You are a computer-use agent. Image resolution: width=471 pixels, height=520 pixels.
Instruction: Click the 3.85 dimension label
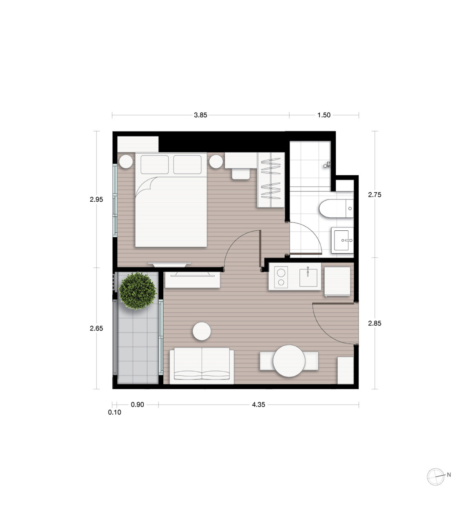pyautogui.click(x=201, y=115)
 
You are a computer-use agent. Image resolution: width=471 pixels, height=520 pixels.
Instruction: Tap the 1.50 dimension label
pyautogui.click(x=324, y=115)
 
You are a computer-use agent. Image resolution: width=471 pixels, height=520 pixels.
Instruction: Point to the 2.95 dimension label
pyautogui.click(x=96, y=199)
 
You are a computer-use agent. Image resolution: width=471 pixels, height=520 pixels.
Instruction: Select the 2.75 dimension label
pyautogui.click(x=374, y=195)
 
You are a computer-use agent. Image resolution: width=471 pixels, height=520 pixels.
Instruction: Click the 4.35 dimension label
pyautogui.click(x=258, y=405)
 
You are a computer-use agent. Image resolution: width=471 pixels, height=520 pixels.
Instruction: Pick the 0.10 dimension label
pyautogui.click(x=114, y=412)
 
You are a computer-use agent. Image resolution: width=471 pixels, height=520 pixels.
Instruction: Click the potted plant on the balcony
pyautogui.click(x=137, y=290)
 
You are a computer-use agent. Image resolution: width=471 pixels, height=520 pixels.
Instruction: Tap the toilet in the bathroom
pyautogui.click(x=336, y=208)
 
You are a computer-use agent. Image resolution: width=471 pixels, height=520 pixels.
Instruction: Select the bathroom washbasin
pyautogui.click(x=342, y=240)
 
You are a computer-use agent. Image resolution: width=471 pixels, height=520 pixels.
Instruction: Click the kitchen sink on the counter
pyautogui.click(x=308, y=277)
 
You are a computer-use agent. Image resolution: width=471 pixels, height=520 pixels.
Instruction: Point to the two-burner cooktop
pyautogui.click(x=281, y=277)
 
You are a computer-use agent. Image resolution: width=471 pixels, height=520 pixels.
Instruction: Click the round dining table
pyautogui.click(x=289, y=361)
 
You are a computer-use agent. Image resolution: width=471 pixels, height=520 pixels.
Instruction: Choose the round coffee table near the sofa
pyautogui.click(x=201, y=331)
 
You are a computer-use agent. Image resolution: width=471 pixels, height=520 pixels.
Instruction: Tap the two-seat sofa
pyautogui.click(x=201, y=366)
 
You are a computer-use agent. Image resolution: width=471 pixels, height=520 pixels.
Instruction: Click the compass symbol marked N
pyautogui.click(x=436, y=477)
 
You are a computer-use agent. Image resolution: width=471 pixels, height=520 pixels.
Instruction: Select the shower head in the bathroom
pyautogui.click(x=327, y=164)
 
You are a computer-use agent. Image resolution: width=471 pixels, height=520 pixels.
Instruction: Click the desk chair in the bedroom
pyautogui.click(x=241, y=174)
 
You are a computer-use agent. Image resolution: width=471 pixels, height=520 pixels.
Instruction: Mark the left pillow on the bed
pyautogui.click(x=155, y=164)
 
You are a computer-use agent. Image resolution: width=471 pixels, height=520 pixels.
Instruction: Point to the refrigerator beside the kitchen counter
pyautogui.click(x=337, y=281)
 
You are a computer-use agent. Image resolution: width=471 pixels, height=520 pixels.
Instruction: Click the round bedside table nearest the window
pyautogui.click(x=126, y=162)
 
